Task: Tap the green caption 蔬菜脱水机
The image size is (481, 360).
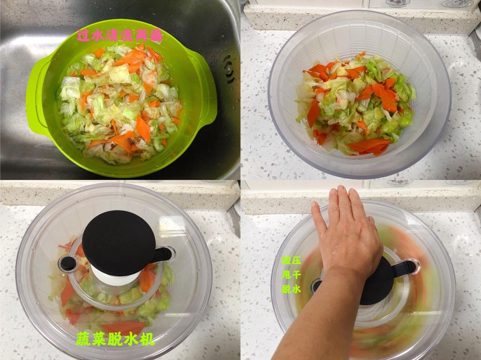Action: tap(115, 339)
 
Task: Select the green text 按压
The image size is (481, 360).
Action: tap(291, 261)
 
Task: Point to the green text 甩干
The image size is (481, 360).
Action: tap(291, 275)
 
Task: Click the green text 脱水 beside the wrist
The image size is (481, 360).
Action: tap(291, 289)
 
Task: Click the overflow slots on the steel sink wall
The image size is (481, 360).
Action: tap(229, 69)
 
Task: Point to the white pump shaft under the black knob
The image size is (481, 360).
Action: tap(115, 277)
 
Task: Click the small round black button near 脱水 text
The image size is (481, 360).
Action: tap(316, 286)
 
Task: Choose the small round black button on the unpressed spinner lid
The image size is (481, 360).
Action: tap(68, 264)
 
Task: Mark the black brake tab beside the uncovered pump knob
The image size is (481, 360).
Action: tap(163, 255)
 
